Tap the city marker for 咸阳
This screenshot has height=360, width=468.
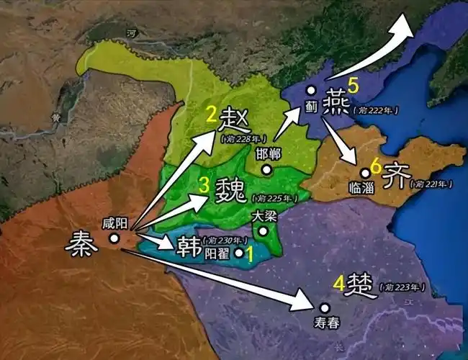tap(114, 238)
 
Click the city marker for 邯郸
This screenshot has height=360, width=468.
tap(266, 170)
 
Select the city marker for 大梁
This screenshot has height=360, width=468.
tap(265, 231)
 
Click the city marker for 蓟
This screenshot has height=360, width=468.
tap(310, 91)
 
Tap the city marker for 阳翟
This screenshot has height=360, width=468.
tap(239, 253)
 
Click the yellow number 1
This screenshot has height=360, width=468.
tap(249, 253)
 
